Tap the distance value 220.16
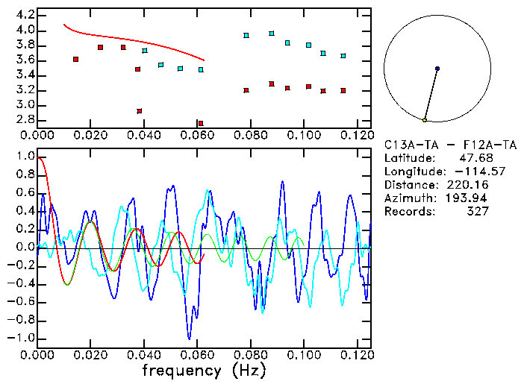467,184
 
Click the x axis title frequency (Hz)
204,370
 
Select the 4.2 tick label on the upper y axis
25,15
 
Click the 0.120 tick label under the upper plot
357,135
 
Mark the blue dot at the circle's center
437,69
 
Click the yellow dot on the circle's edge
425,120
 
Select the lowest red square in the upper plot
201,123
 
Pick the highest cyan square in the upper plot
272,34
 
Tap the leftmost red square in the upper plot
75,59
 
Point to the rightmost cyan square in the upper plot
343,56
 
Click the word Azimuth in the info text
408,198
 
